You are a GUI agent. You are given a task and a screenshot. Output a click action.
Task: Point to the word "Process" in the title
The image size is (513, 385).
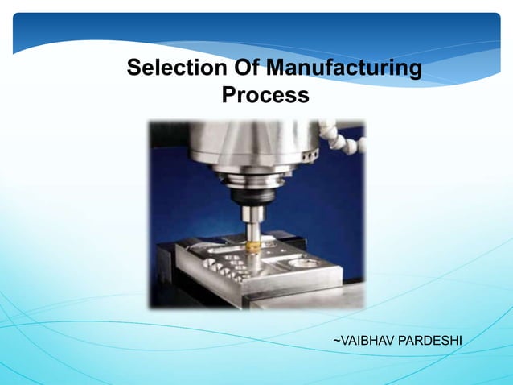pyautogui.click(x=265, y=95)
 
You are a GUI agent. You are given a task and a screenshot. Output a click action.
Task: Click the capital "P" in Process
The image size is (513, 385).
pyautogui.click(x=228, y=95)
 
